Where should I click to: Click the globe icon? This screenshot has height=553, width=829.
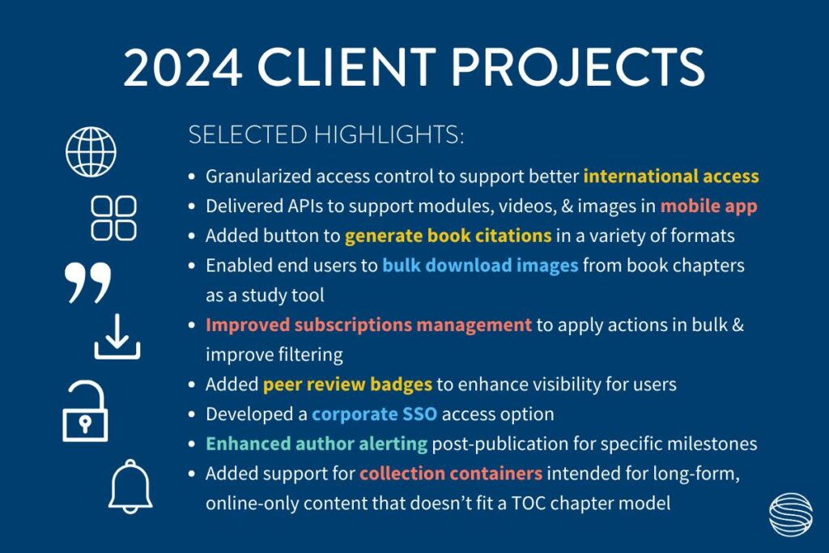point(91,151)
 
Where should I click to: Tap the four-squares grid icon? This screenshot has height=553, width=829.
point(113,219)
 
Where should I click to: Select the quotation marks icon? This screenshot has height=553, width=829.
point(88,283)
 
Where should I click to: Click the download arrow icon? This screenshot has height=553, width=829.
point(117,337)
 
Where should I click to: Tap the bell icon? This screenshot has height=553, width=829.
point(130,487)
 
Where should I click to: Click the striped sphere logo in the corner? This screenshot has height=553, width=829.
point(791,514)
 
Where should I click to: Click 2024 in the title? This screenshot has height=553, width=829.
point(183,67)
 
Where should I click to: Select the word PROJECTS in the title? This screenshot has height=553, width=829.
point(578,67)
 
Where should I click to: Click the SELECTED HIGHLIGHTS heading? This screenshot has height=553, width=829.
point(326,135)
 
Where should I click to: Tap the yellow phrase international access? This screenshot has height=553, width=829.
point(671,176)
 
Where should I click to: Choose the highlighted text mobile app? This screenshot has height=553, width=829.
point(708,206)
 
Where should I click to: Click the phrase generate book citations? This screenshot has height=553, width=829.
point(448,236)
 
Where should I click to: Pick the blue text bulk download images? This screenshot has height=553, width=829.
point(480,266)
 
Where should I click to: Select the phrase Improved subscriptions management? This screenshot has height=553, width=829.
point(368,325)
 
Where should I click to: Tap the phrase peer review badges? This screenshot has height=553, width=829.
point(347,385)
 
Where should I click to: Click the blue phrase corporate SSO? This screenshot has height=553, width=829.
point(374,414)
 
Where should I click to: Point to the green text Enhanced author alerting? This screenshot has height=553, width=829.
point(317,444)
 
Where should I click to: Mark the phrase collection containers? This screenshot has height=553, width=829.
point(451,473)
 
